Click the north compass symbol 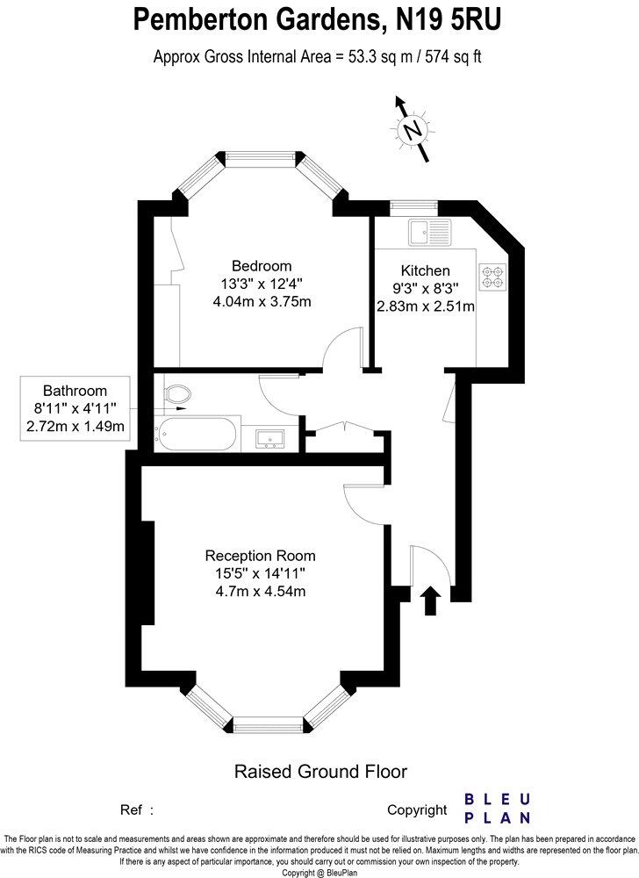pyautogui.click(x=411, y=131)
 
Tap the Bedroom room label pyautogui.click(x=262, y=266)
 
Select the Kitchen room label pyautogui.click(x=425, y=270)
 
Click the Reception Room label pyautogui.click(x=260, y=556)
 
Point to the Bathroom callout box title pyautogui.click(x=75, y=391)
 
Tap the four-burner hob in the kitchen pyautogui.click(x=492, y=277)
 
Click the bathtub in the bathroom pyautogui.click(x=195, y=434)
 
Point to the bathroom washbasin pyautogui.click(x=270, y=436)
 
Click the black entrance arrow pyautogui.click(x=430, y=601)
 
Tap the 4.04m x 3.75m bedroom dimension pyautogui.click(x=262, y=302)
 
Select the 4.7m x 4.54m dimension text pyautogui.click(x=260, y=591)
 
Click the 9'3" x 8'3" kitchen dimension pyautogui.click(x=425, y=288)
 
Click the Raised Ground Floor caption pyautogui.click(x=319, y=773)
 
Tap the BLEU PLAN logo pyautogui.click(x=497, y=808)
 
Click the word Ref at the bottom pyautogui.click(x=131, y=810)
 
